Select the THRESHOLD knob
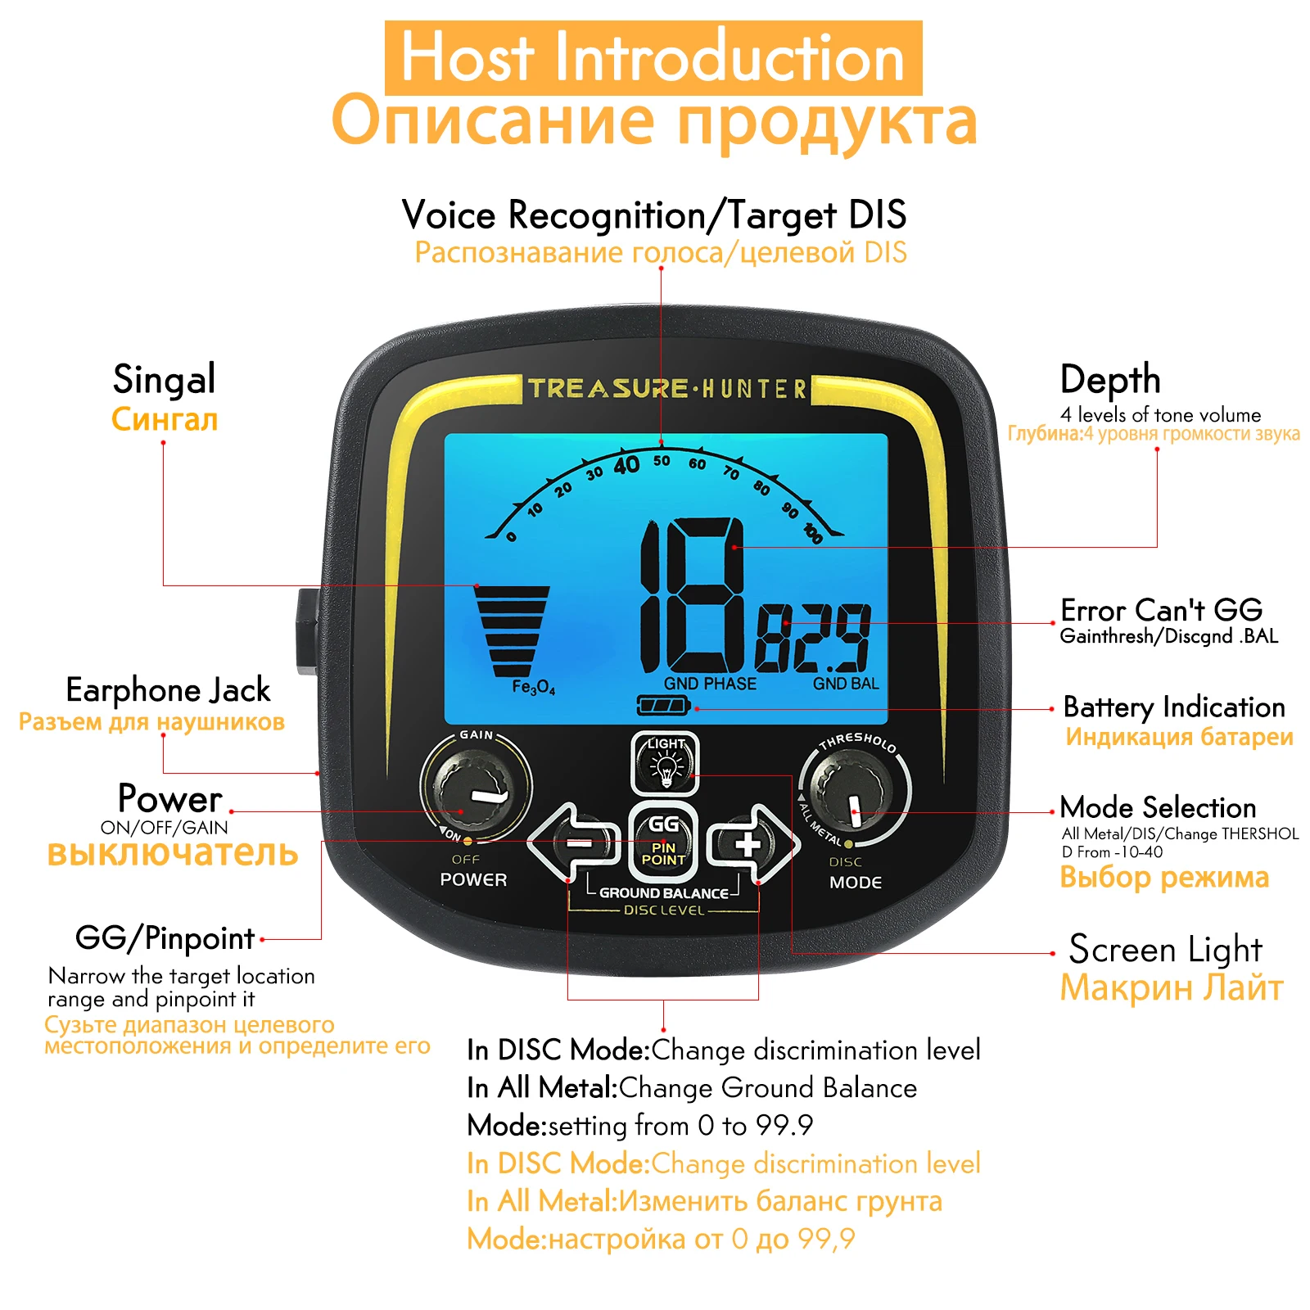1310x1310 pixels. point(854,791)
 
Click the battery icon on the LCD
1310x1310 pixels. point(663,705)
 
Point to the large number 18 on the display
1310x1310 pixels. point(693,595)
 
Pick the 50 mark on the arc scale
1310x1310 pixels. point(662,461)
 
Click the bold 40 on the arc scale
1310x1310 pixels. point(626,466)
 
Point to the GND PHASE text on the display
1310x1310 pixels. point(710,684)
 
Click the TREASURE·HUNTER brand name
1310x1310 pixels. point(666,388)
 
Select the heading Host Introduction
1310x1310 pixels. point(653,58)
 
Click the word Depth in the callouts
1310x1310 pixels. point(1110,380)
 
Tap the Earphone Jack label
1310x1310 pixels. point(168,690)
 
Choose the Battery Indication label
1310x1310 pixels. point(1173,707)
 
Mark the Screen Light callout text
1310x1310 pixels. point(1165,950)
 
